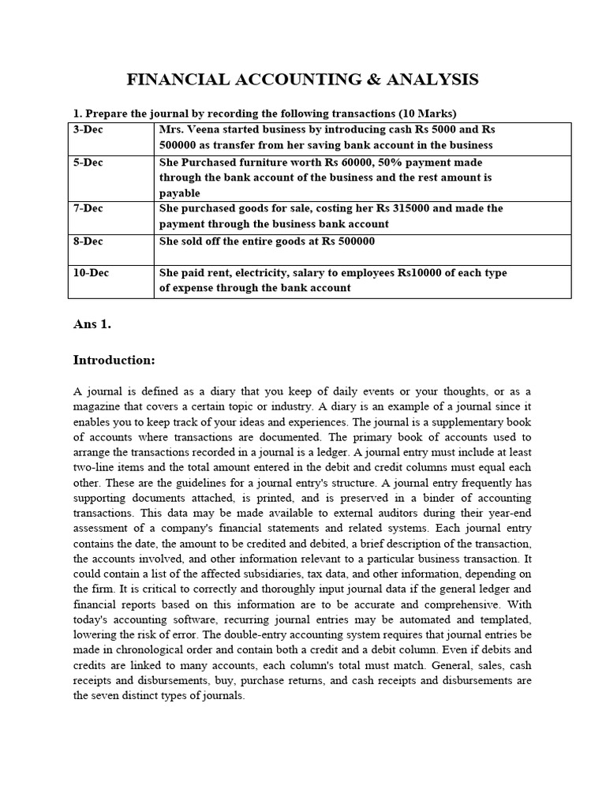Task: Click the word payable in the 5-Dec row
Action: click(180, 193)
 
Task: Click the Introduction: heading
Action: click(114, 360)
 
